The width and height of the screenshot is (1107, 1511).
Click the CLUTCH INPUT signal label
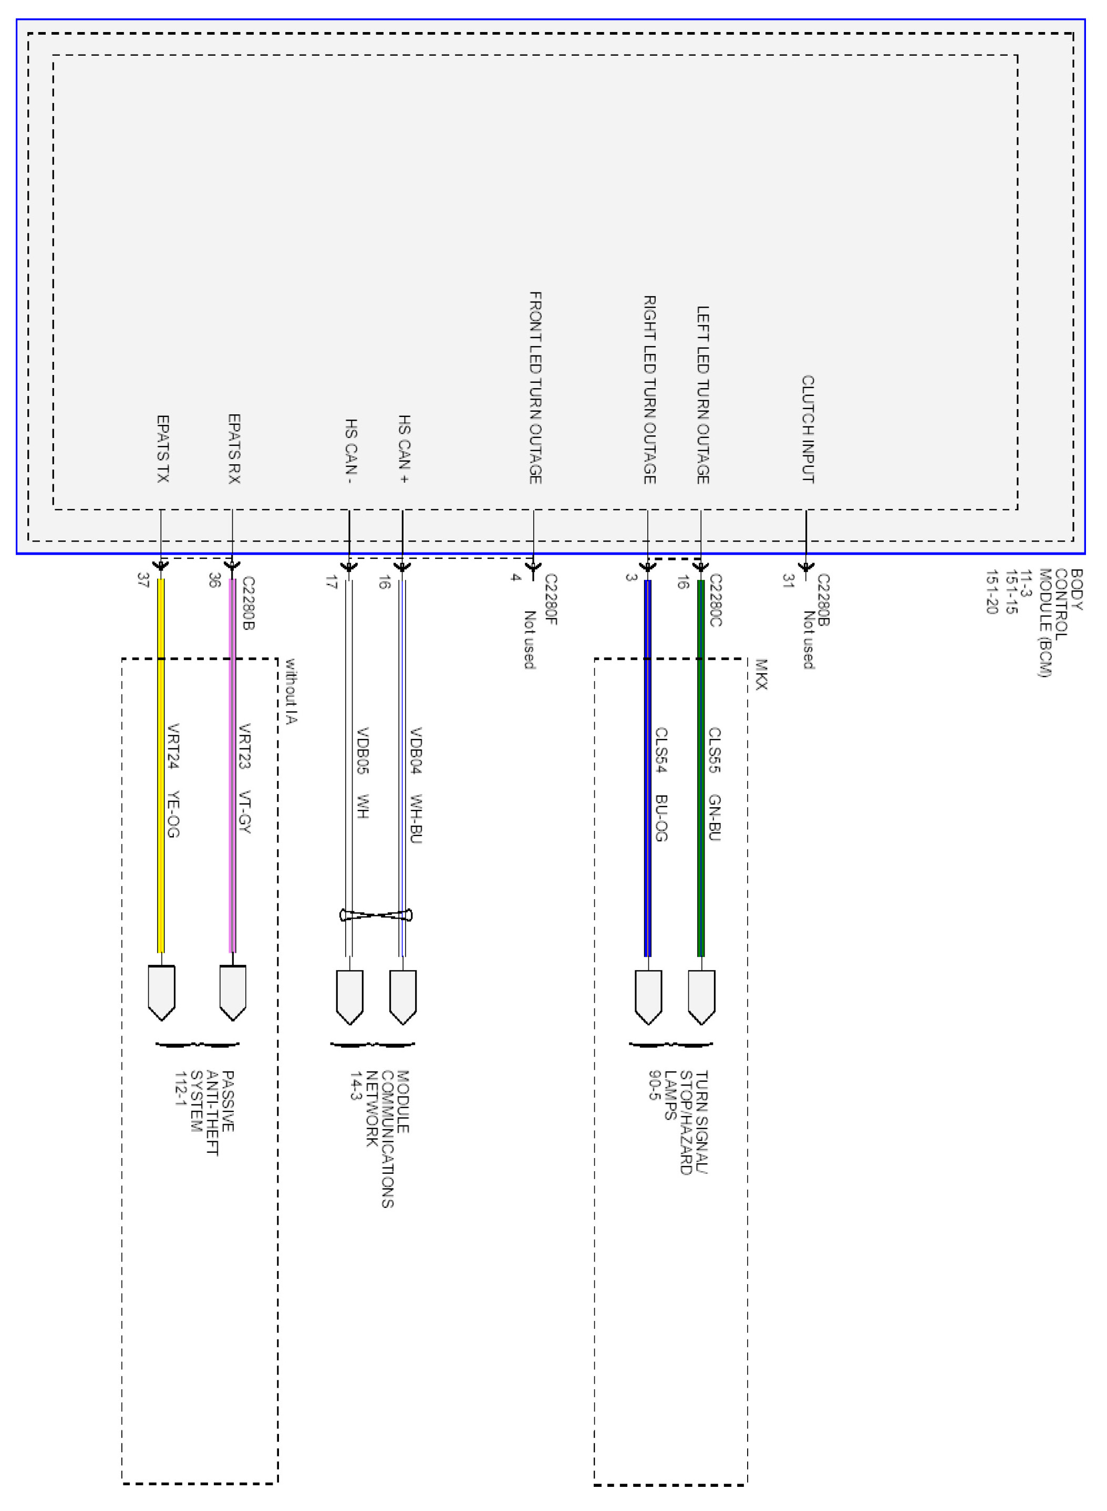click(808, 429)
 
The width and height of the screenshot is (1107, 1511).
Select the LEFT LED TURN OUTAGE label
click(702, 394)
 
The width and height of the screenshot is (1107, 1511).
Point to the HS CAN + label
click(404, 449)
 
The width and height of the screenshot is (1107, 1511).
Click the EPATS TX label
click(162, 449)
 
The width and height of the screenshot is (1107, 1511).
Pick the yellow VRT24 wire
click(161, 804)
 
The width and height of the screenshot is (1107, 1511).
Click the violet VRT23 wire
click(233, 804)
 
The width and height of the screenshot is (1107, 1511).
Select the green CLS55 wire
click(701, 804)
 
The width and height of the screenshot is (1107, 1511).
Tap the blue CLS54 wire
click(647, 804)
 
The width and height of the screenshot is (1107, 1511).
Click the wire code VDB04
click(416, 750)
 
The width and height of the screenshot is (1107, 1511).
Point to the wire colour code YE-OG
click(173, 814)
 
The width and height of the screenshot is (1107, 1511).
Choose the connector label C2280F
click(551, 599)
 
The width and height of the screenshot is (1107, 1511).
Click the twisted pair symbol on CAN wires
click(376, 915)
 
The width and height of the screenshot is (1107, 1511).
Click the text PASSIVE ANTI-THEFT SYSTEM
click(204, 1112)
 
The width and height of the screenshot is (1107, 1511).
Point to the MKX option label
click(761, 674)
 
